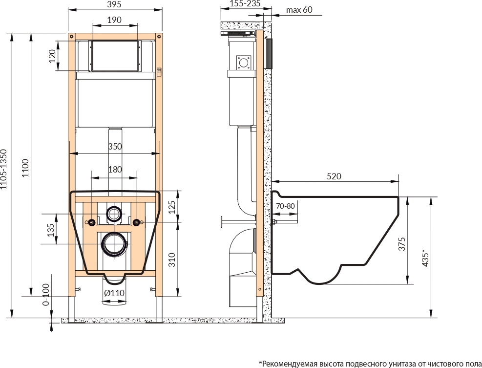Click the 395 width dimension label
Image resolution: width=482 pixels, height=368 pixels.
pos(115,4)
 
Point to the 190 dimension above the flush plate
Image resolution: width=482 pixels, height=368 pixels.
pos(115,20)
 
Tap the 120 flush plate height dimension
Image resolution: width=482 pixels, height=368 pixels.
pos(53,56)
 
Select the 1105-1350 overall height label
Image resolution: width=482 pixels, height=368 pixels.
pos(3,169)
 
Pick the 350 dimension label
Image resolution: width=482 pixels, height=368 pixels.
pos(115,147)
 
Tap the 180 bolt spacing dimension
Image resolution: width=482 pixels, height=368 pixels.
pos(115,170)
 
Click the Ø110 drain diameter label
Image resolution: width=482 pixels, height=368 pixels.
pos(114,293)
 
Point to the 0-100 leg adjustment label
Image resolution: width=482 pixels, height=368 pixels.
pos(46,295)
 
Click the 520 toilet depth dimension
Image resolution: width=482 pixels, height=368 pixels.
pos(334,176)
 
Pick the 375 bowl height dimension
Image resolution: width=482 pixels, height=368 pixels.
pos(402,244)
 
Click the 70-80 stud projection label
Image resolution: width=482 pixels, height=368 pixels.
pos(285,206)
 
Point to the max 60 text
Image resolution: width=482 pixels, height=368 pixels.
pos(299,10)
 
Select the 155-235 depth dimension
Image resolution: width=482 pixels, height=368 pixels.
pos(245,3)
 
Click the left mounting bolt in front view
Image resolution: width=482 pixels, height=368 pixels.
pos(91,222)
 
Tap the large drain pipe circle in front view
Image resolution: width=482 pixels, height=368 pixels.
pos(114,244)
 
